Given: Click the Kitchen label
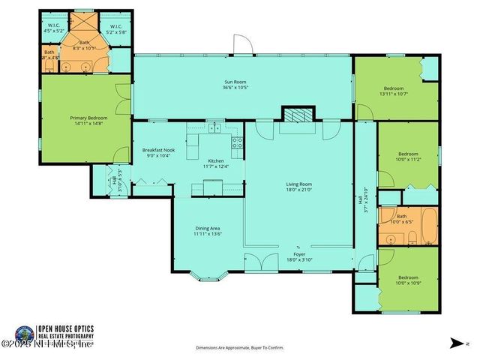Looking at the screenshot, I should click(216, 162).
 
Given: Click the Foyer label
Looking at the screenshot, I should click(298, 254).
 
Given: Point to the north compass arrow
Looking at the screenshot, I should click(454, 342).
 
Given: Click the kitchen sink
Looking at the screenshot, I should click(215, 128).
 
